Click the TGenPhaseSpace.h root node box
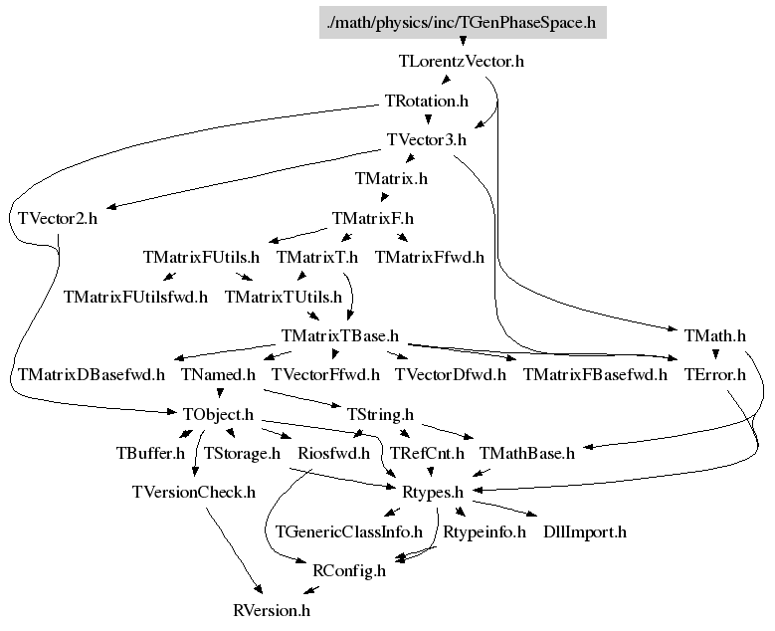tap(463, 22)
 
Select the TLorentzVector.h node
tap(462, 62)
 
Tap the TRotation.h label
tap(426, 101)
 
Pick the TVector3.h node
tap(427, 140)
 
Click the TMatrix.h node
tap(391, 179)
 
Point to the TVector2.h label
tap(58, 218)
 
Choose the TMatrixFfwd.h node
tap(429, 257)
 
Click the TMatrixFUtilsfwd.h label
tap(136, 296)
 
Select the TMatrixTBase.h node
tap(340, 335)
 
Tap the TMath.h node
tap(715, 335)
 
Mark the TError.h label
tap(714, 375)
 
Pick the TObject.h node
tap(218, 414)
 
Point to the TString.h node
tap(379, 414)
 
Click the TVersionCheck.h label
tap(194, 493)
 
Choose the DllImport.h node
tap(585, 532)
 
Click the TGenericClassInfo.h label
tap(349, 532)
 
